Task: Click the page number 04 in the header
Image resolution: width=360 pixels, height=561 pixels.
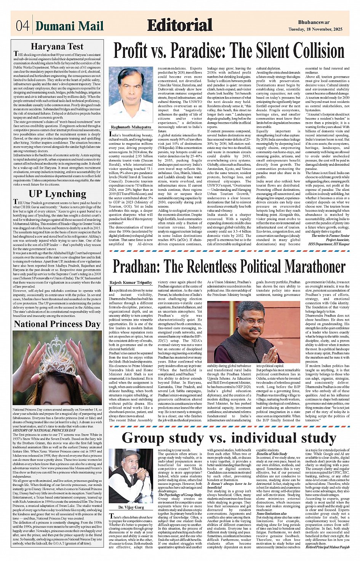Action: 22,26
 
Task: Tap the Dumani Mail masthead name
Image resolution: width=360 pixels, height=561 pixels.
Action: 69,26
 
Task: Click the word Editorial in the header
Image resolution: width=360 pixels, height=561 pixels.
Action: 179,25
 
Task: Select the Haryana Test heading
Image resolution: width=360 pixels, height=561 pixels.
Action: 57,47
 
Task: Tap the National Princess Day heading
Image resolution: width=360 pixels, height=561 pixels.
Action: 57,324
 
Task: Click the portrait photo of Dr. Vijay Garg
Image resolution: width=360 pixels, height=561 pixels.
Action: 131,476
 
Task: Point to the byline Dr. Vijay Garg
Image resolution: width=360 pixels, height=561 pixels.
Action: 131,507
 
